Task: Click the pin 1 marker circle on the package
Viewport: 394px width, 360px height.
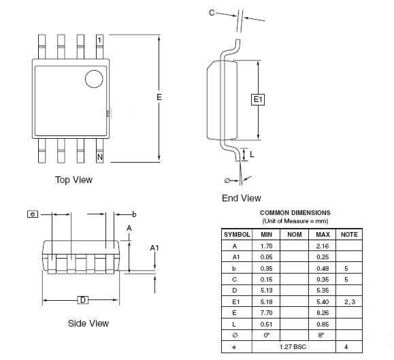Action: pyautogui.click(x=94, y=79)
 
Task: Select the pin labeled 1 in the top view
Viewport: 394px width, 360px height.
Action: pyautogui.click(x=100, y=47)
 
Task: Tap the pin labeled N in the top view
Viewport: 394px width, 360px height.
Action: pyautogui.click(x=100, y=150)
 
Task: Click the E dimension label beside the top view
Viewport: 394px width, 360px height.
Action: pyautogui.click(x=159, y=97)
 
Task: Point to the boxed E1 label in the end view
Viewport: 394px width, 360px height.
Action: pyautogui.click(x=258, y=99)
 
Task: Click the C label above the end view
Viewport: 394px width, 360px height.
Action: pyautogui.click(x=212, y=12)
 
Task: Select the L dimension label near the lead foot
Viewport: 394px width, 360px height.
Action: pyautogui.click(x=252, y=154)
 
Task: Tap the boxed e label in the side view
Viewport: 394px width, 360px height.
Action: pyautogui.click(x=33, y=214)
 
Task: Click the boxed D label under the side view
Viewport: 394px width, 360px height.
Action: pyautogui.click(x=83, y=300)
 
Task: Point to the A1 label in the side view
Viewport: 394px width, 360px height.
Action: pyautogui.click(x=154, y=248)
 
